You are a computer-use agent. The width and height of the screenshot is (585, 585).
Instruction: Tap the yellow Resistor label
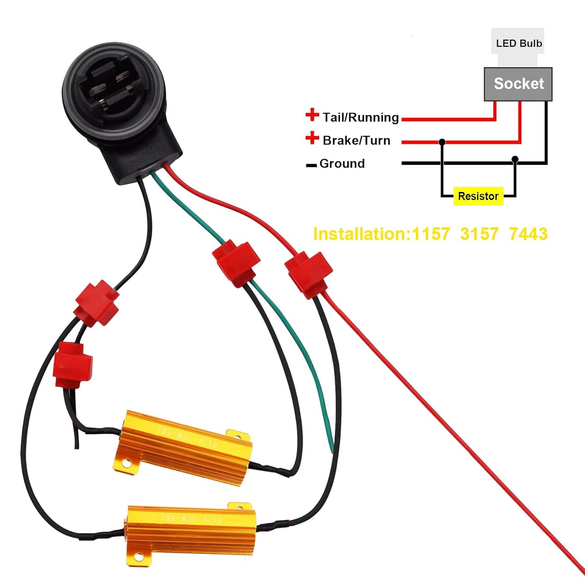click(478, 196)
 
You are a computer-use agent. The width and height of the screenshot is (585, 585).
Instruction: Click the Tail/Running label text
click(361, 117)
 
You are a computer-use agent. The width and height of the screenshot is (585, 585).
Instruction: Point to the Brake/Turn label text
click(356, 140)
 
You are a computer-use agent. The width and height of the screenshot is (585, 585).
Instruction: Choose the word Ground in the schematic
click(342, 163)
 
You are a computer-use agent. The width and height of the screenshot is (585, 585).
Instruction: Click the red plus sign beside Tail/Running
click(312, 115)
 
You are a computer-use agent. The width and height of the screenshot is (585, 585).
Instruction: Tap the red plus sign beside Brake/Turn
click(312, 138)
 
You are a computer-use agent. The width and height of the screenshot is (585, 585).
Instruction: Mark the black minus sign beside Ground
click(311, 166)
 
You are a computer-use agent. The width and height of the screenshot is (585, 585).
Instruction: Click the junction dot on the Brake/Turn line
click(442, 142)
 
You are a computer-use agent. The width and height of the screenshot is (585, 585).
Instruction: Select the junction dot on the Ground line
click(515, 159)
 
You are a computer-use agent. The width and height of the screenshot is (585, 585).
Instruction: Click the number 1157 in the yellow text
click(431, 234)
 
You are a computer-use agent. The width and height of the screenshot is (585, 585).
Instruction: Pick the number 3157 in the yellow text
click(479, 234)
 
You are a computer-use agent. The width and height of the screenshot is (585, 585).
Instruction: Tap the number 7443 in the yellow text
click(528, 234)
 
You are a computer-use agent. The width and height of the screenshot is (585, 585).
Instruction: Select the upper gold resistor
click(183, 448)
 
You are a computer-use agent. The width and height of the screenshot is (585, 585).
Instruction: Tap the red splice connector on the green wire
click(236, 262)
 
